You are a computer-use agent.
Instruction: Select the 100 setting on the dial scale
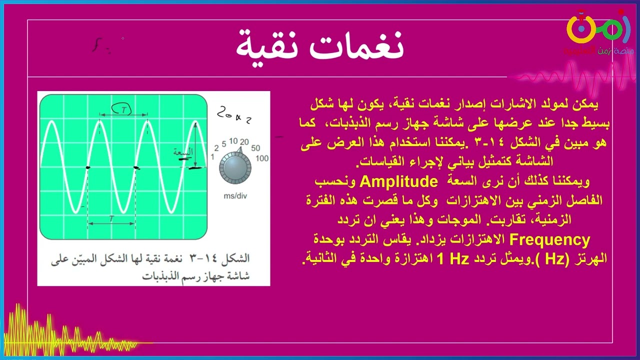262,158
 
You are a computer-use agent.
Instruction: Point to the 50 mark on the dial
255,148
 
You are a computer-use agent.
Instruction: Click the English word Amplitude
398,181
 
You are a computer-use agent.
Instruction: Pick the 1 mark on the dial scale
212,157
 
